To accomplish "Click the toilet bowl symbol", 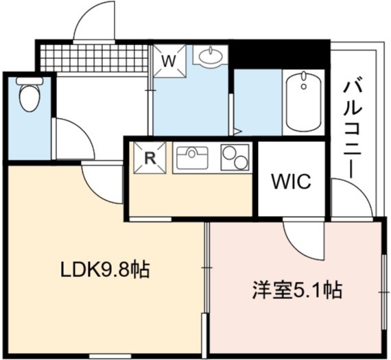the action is pyautogui.click(x=29, y=98).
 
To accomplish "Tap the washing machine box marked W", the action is pyautogui.click(x=169, y=60).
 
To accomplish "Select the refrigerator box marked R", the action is pyautogui.click(x=150, y=158).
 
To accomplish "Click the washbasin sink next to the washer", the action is pyautogui.click(x=211, y=56).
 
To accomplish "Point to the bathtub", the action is pyautogui.click(x=303, y=101).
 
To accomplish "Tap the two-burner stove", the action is pyautogui.click(x=235, y=158).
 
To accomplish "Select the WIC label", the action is pyautogui.click(x=292, y=181).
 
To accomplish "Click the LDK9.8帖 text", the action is pyautogui.click(x=105, y=269).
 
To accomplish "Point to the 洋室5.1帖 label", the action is pyautogui.click(x=297, y=291).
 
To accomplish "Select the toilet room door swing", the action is pyautogui.click(x=75, y=139).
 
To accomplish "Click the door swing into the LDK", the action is pyautogui.click(x=101, y=184).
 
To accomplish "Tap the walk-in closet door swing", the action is pyautogui.click(x=303, y=241).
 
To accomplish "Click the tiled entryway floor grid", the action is pyautogui.click(x=94, y=58).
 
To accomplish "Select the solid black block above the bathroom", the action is pyautogui.click(x=279, y=54).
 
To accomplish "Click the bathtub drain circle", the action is pyautogui.click(x=303, y=86).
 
